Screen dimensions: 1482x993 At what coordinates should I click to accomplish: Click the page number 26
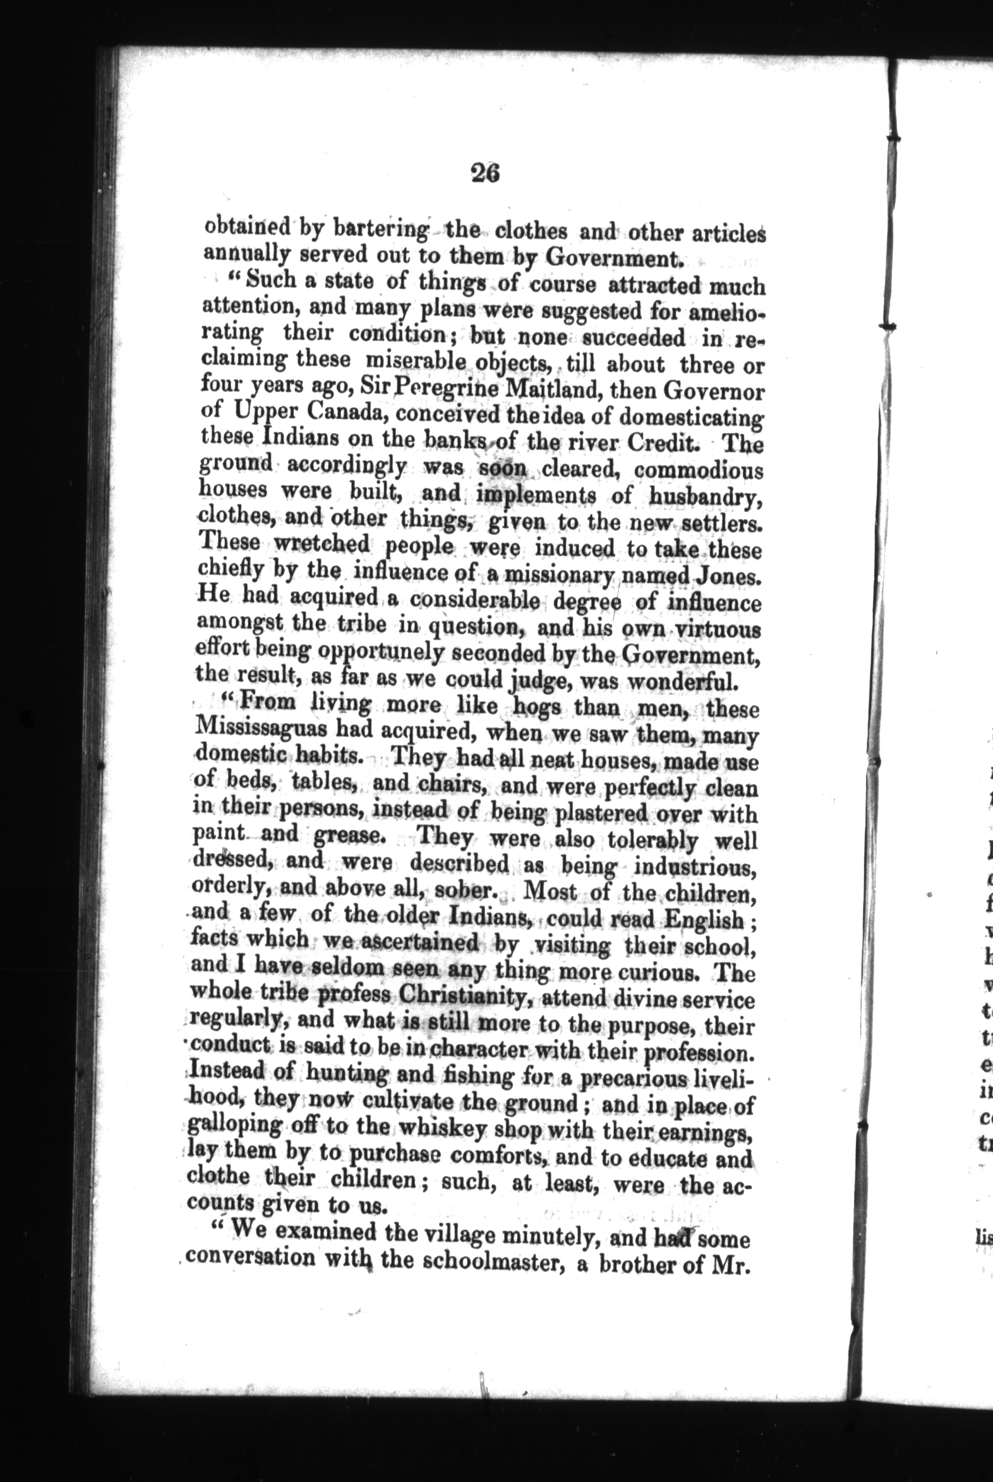486,173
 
